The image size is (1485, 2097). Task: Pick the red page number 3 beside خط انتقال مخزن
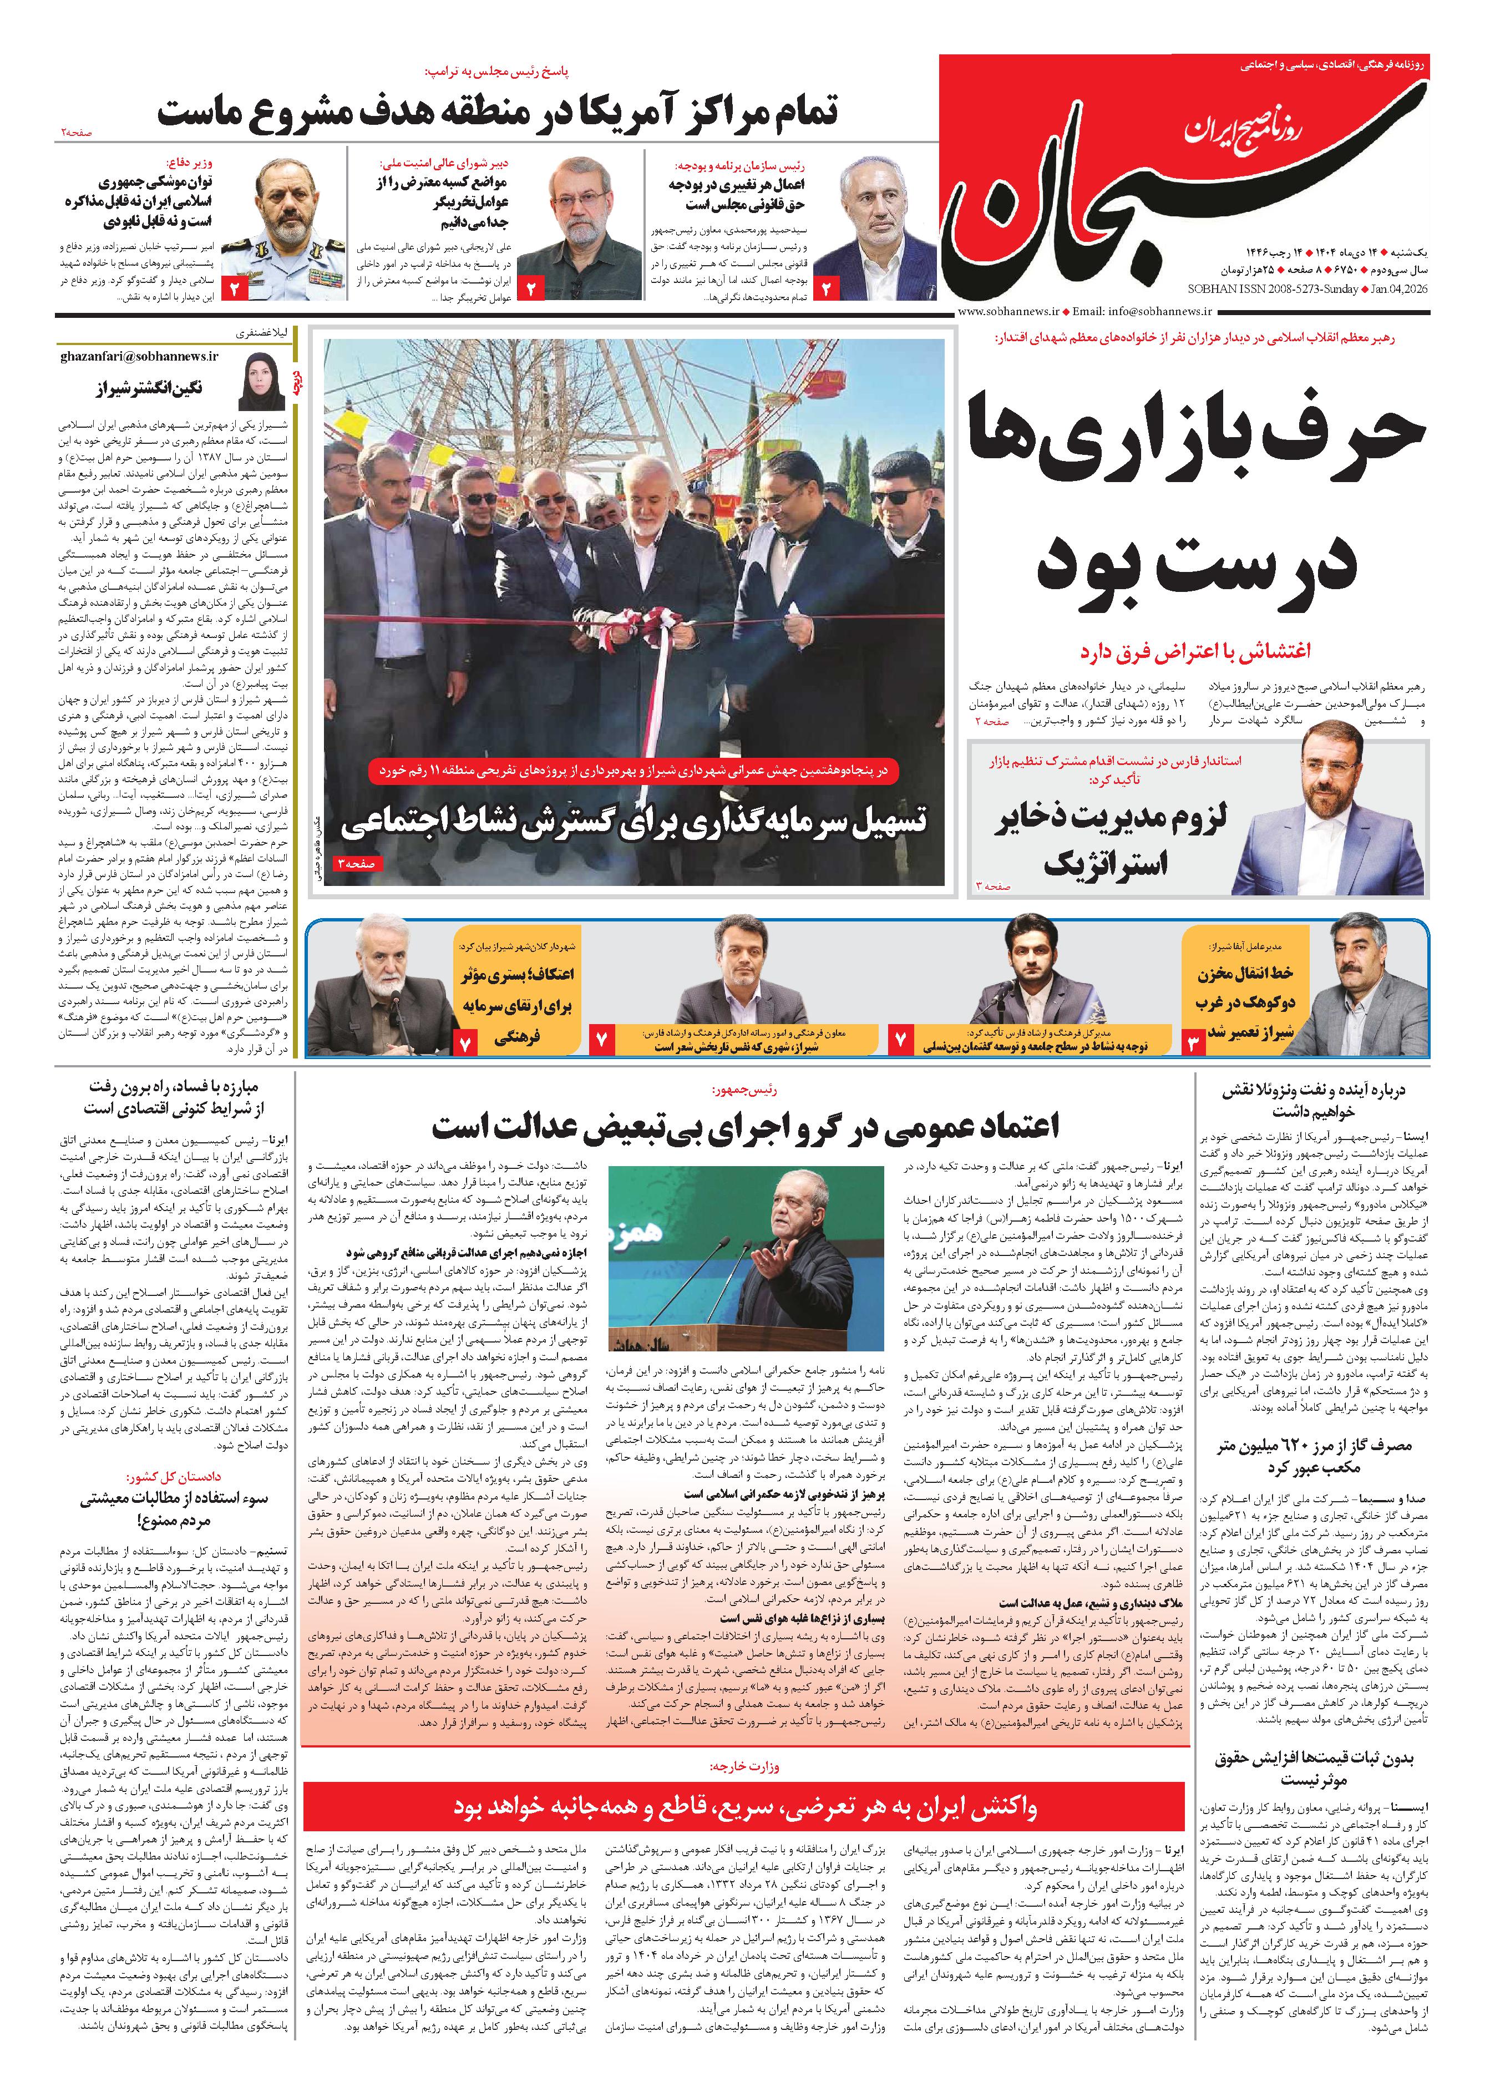point(1194,1042)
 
